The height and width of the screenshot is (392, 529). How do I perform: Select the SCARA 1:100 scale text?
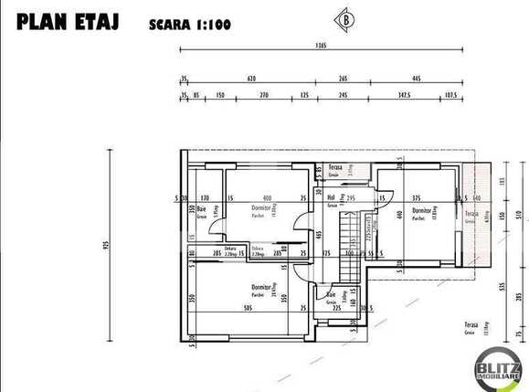point(189,25)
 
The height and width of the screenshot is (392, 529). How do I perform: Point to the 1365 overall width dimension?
point(320,45)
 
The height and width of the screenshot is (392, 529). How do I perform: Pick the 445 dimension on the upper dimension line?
point(416,79)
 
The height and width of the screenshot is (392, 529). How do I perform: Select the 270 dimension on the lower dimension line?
point(264,94)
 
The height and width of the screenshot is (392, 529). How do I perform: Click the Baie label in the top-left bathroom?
point(202,208)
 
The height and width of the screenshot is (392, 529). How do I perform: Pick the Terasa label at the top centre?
point(335,168)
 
